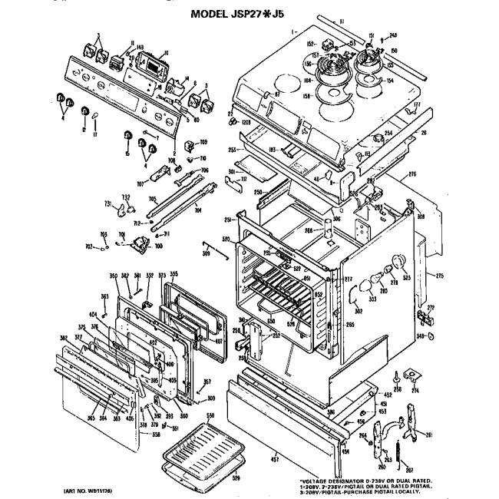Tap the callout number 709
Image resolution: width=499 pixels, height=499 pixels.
tap(204, 143)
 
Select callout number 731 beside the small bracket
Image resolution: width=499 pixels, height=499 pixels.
tap(109, 203)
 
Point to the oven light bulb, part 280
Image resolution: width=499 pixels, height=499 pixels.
tap(379, 278)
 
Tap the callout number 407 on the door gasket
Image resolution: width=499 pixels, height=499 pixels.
tap(218, 341)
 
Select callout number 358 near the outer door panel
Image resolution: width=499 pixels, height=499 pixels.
tap(156, 435)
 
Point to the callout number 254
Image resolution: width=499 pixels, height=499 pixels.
tap(388, 134)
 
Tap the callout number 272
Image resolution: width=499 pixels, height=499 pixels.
tap(431, 307)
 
